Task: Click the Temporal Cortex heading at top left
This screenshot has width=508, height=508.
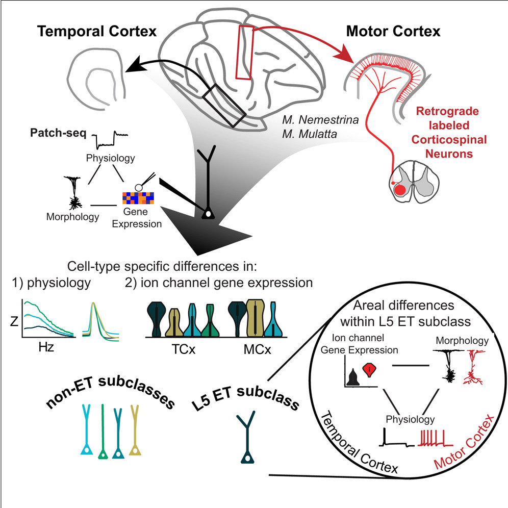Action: tap(97, 32)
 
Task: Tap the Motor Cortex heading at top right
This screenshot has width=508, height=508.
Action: tap(393, 32)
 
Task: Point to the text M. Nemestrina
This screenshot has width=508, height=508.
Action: tap(320, 120)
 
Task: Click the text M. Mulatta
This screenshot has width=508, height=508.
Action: tap(310, 134)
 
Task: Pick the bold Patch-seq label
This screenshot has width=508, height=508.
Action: tap(58, 133)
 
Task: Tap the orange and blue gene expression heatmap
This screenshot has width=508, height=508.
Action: tap(138, 198)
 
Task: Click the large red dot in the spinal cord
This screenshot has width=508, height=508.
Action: tap(400, 190)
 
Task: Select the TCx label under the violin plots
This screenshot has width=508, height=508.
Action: tap(184, 349)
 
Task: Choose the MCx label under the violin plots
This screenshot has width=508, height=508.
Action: tap(257, 349)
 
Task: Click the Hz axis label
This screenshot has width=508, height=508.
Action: tap(46, 347)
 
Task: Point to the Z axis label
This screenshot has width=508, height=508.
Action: tap(14, 321)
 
